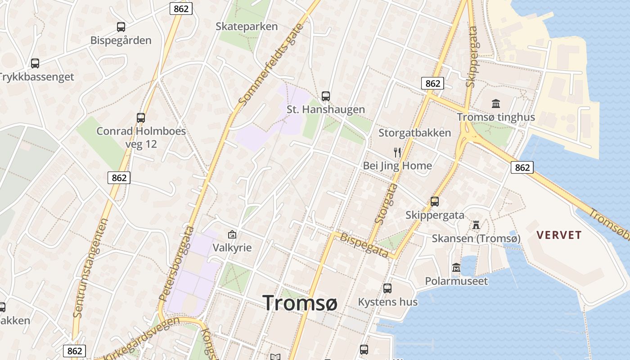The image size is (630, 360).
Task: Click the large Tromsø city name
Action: pos(300,303)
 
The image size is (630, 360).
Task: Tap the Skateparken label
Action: pos(247,27)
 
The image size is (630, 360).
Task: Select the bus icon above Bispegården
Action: pos(121,27)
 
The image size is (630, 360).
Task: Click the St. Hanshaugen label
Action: pos(326,109)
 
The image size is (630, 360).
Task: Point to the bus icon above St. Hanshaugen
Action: pos(326,96)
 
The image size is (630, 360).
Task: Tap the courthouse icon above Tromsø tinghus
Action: pos(496,104)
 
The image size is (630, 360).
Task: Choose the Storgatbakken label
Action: pos(414,133)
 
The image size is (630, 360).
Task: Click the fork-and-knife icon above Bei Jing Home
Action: pos(397,153)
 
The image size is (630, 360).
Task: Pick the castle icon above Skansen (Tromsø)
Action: pos(476,225)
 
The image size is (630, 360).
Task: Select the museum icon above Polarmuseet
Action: pos(456,268)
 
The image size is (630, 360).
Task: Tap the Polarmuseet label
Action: pos(456,281)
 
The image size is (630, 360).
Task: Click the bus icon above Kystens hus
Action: pos(387,288)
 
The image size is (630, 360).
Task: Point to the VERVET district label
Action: pos(559,235)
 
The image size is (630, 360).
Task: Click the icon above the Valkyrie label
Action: pos(232,234)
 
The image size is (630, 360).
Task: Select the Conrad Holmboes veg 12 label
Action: pos(141,138)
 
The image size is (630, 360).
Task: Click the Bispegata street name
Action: pos(364,245)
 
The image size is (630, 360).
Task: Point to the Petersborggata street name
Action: pos(177,264)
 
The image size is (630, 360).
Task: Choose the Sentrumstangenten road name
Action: pos(91,268)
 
